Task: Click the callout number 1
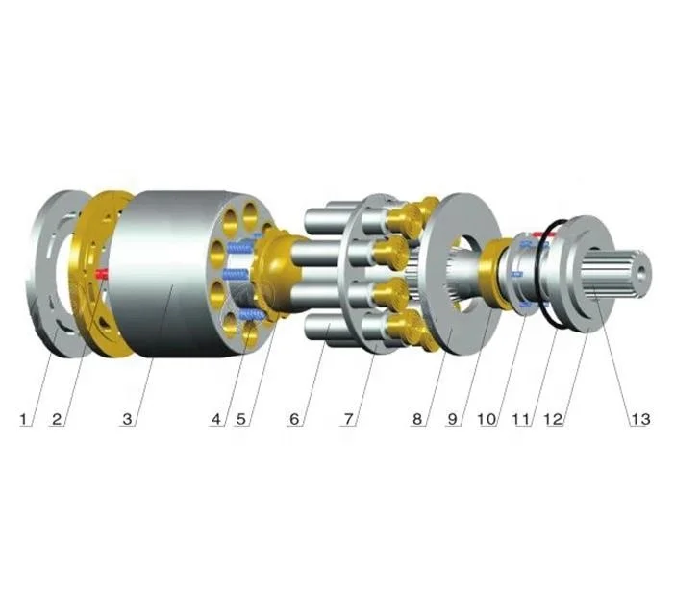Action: [x=24, y=418]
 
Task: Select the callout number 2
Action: [x=57, y=418]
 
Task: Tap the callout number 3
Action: [x=127, y=418]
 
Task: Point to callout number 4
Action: [x=217, y=418]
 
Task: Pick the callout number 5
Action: [x=241, y=418]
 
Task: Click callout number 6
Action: [x=294, y=418]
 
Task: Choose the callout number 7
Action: [x=348, y=418]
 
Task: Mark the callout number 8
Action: [x=417, y=418]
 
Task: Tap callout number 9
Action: [x=452, y=418]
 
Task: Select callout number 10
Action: [x=487, y=418]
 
